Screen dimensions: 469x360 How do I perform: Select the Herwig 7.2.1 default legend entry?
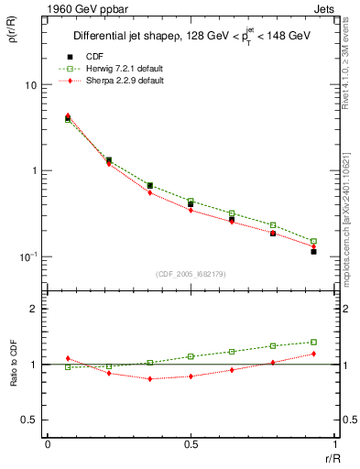pos(117,69)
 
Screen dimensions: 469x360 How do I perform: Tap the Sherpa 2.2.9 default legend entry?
pos(117,81)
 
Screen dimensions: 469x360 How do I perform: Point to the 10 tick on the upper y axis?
pos(30,85)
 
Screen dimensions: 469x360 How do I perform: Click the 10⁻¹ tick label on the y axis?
pos(27,256)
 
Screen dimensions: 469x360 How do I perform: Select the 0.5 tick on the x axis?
pos(191,443)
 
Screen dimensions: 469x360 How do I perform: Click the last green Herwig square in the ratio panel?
pos(313,342)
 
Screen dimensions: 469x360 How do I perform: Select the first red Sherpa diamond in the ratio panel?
pos(68,358)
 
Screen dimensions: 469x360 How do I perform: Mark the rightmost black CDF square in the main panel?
pos(313,251)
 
